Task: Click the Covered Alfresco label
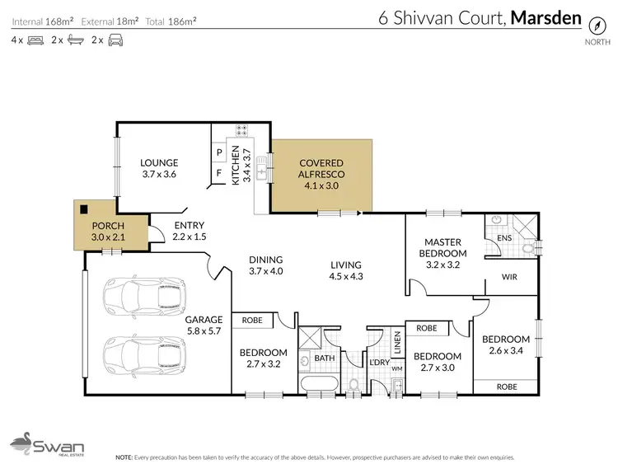click(x=321, y=164)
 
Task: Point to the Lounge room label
click(x=159, y=162)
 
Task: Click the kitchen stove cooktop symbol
click(x=243, y=130)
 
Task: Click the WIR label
click(x=509, y=278)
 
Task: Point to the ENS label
click(x=505, y=239)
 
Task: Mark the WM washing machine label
click(x=396, y=368)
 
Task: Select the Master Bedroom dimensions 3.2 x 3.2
click(x=446, y=265)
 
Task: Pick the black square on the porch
click(x=82, y=209)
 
